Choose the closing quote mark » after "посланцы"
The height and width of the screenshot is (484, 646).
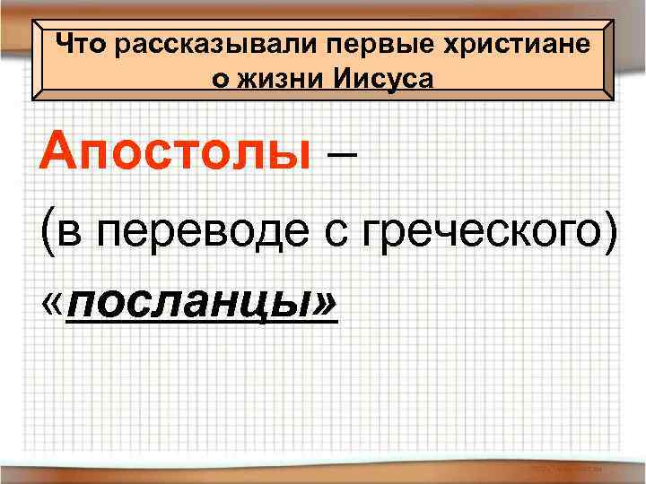(324, 307)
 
